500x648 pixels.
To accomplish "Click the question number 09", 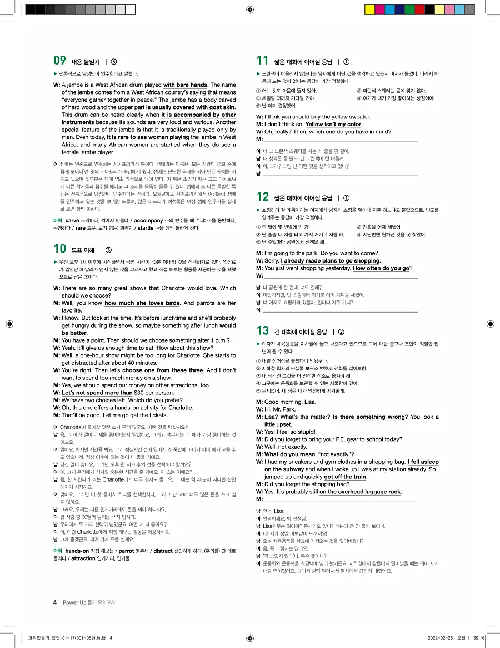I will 59,61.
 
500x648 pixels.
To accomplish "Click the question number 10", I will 59,249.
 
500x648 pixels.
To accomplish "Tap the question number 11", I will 262,61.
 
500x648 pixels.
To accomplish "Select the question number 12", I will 262,197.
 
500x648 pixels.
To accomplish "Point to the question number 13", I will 262,332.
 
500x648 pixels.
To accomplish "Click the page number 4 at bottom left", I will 55,602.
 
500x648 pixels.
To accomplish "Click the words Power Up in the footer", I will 74,602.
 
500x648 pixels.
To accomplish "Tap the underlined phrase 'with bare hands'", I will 185,85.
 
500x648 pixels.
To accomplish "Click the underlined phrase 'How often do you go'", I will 382,268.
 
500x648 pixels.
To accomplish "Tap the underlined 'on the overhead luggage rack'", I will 360,492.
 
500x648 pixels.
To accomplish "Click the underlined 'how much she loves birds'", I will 142,303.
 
